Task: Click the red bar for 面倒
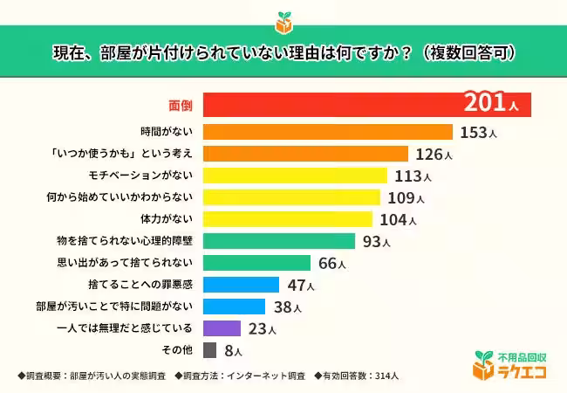(x=331, y=106)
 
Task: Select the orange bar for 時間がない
(x=327, y=132)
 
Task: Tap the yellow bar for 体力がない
(x=288, y=219)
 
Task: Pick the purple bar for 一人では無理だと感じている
(x=222, y=328)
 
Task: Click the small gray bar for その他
(x=209, y=350)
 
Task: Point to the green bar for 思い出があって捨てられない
(x=256, y=263)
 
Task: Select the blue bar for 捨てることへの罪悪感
(x=241, y=285)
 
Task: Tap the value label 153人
(x=477, y=133)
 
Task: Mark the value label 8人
(x=233, y=351)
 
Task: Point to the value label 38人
(x=286, y=307)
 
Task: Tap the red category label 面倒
(x=180, y=106)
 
